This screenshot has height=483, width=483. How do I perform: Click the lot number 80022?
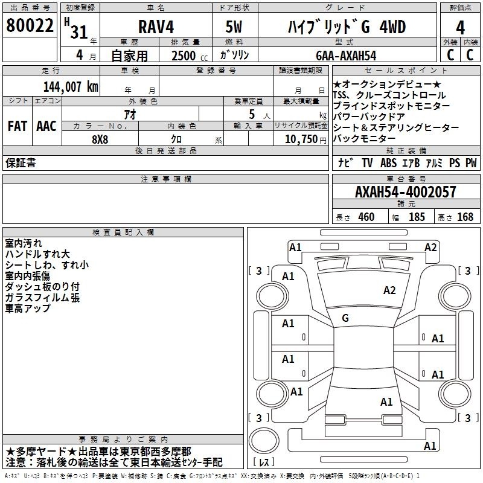click(30, 25)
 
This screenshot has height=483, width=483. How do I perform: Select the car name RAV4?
click(156, 27)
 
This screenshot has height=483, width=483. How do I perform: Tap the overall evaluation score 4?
click(460, 28)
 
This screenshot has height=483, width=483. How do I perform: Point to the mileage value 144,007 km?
click(71, 87)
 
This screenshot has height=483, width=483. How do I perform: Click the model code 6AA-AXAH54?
click(346, 56)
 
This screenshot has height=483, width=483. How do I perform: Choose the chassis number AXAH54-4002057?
click(406, 192)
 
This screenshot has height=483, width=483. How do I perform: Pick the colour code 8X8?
click(100, 139)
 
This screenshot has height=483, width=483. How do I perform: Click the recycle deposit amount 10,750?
click(301, 139)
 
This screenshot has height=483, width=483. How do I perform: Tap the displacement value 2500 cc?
click(190, 56)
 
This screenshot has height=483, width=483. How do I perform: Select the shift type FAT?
click(18, 126)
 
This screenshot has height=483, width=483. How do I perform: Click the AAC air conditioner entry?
click(46, 126)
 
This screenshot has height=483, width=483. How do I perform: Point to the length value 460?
click(366, 217)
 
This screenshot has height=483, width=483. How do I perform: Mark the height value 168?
click(465, 217)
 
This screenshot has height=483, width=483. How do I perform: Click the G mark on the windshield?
click(345, 318)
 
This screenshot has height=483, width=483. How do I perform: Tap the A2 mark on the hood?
click(389, 290)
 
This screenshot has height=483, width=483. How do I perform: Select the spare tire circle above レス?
click(264, 440)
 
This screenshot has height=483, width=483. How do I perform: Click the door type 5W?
click(234, 27)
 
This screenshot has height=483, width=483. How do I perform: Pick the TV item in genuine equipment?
click(367, 163)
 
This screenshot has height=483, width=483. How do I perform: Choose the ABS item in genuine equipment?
click(388, 163)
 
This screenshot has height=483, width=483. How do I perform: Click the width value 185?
click(417, 217)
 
